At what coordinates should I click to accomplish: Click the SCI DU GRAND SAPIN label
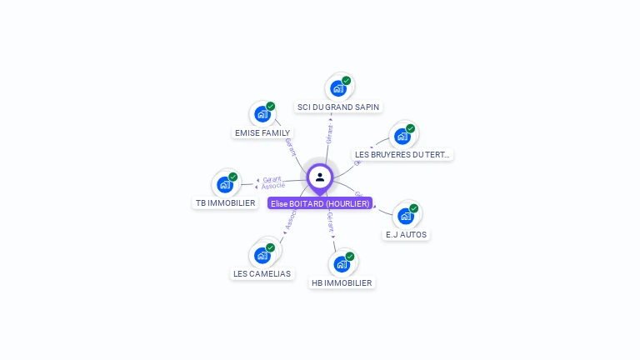point(337,107)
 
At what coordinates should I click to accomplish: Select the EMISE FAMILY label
point(262,132)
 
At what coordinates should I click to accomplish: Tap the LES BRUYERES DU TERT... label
point(402,154)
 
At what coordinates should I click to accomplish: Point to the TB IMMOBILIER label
point(225,202)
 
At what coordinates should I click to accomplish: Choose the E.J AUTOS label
point(406,234)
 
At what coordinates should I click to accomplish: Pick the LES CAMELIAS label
point(262,273)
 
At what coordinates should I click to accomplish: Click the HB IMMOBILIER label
point(341,282)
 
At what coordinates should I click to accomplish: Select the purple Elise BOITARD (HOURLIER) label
point(320,203)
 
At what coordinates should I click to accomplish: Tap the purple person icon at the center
point(320,177)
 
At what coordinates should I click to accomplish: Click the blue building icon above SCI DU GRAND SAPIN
point(337,87)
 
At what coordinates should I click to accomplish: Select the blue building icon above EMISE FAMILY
point(262,113)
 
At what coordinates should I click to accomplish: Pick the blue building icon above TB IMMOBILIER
point(225,184)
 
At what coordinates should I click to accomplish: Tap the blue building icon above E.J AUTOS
point(406,216)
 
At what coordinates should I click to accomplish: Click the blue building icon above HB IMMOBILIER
point(341,264)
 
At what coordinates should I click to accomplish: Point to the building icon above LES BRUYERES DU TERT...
point(402,136)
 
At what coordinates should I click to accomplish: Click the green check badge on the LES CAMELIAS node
point(271,247)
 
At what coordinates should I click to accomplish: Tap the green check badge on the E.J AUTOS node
point(414,208)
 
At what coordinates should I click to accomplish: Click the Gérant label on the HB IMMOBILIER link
point(331,222)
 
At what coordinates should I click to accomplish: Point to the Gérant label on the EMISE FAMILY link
point(291,147)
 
